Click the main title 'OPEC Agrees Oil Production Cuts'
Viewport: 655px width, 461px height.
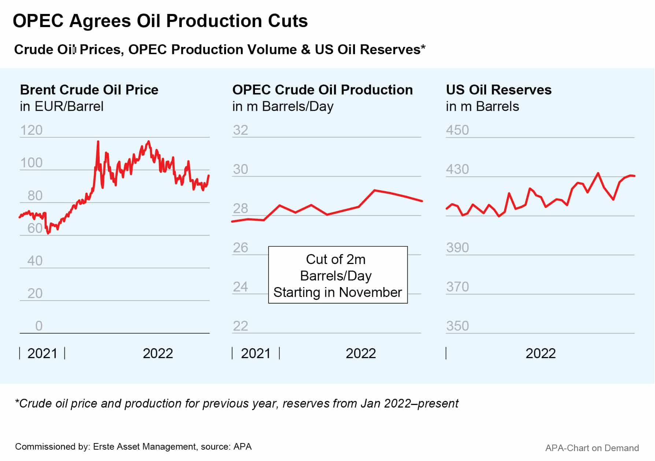pos(160,21)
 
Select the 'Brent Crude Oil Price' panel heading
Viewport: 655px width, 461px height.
pos(89,90)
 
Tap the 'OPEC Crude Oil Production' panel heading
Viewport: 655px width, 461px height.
pos(322,90)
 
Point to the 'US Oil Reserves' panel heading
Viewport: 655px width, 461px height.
pos(499,90)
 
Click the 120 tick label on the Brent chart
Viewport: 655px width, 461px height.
pos(31,130)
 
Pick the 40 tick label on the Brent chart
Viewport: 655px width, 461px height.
pos(35,261)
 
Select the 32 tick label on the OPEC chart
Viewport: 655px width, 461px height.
pos(240,130)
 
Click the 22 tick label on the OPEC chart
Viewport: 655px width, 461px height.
pos(240,326)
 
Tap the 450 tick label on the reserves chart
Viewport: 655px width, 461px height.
pos(457,130)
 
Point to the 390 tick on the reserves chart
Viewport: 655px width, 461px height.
pos(457,248)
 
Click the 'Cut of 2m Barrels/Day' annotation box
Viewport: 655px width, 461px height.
pos(338,275)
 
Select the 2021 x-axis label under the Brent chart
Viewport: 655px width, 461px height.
pos(42,353)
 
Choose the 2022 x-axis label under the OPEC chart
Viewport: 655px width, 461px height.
pos(361,353)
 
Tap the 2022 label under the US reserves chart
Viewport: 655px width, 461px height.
pos(540,353)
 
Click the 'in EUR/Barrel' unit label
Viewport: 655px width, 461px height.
pos(62,107)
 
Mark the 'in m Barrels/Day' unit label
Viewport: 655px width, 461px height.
pos(283,107)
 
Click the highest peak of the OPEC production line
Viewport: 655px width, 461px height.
pos(374,190)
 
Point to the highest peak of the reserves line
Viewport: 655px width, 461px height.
pos(598,173)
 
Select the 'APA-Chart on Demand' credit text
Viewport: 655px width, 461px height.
pos(592,448)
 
